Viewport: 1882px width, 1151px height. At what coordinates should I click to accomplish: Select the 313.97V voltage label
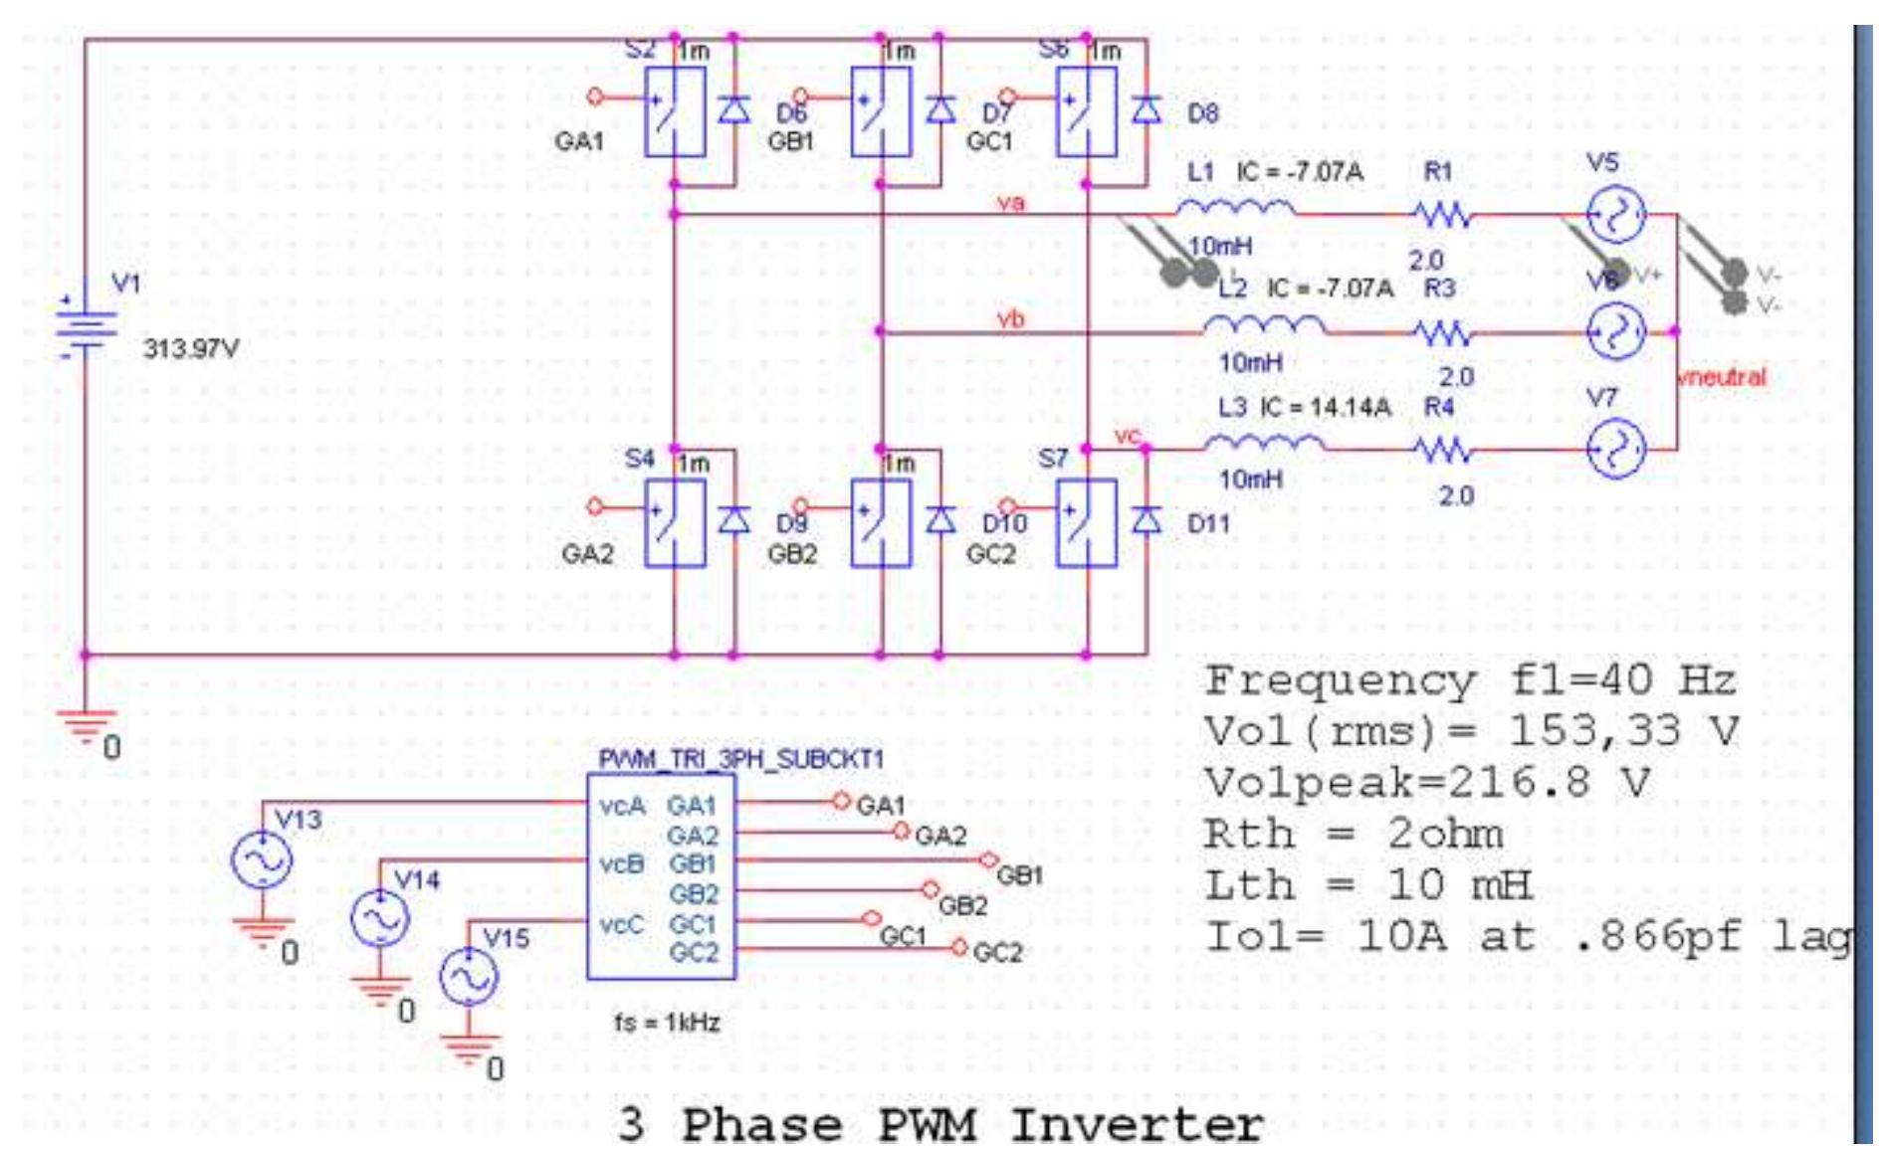tap(191, 349)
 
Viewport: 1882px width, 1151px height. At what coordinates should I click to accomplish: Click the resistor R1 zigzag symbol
tap(1440, 214)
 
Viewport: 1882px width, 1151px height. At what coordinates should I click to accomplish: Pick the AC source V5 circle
tap(1614, 215)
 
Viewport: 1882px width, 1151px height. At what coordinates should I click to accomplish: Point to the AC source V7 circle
tap(1614, 449)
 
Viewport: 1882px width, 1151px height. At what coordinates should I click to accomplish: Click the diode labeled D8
tap(1147, 109)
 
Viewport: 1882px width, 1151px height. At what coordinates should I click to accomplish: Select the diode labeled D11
tap(1147, 519)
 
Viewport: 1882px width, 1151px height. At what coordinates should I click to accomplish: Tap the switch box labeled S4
tap(675, 523)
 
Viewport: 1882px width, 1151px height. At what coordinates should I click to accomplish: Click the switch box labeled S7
tap(1086, 523)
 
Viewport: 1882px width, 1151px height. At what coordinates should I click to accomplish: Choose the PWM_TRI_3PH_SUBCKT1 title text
tap(740, 759)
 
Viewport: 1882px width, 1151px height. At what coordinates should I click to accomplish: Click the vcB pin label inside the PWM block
tap(622, 864)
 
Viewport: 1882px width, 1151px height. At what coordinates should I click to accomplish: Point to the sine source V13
tap(262, 860)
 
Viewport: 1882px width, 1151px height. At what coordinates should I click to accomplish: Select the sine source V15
tap(469, 976)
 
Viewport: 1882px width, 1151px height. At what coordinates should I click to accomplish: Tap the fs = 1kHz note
tap(667, 1023)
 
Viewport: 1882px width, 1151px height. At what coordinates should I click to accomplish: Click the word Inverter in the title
tap(1137, 1125)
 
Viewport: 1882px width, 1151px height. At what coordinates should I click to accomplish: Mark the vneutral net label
tap(1721, 377)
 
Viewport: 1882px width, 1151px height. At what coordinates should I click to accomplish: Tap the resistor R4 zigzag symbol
tap(1440, 450)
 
